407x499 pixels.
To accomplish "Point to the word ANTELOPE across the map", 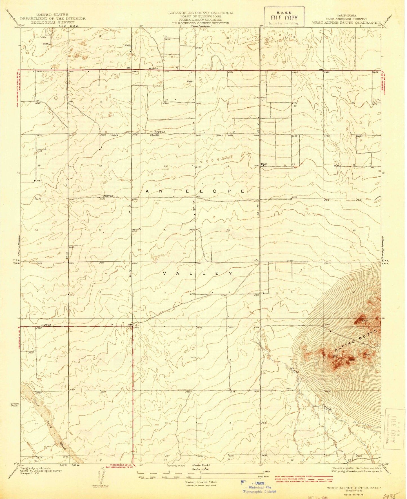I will pos(196,191).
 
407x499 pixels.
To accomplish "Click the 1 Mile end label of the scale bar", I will pos(266,471).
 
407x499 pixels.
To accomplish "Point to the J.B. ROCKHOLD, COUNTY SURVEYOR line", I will pos(200,23).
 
